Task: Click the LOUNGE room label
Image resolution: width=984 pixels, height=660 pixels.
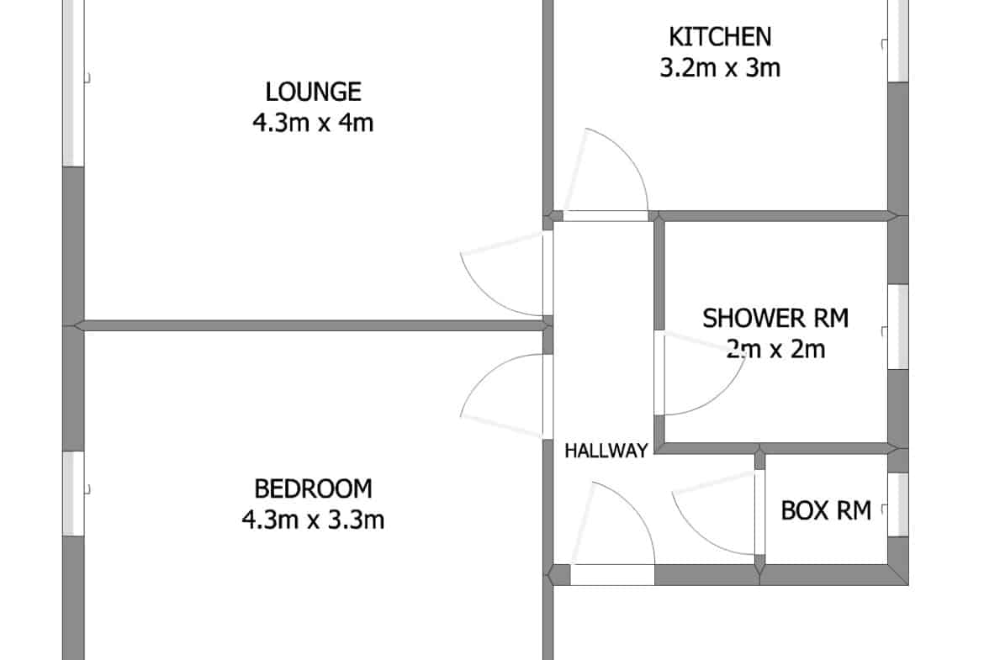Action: click(313, 92)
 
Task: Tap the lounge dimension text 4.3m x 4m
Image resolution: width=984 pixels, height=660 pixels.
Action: click(313, 123)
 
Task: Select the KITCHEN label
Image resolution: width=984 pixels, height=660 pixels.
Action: click(720, 37)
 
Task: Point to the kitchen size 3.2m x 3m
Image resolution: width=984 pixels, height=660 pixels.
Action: click(720, 68)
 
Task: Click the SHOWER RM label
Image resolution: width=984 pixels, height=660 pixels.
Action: click(775, 319)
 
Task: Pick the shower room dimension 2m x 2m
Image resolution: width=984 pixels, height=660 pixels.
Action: click(775, 349)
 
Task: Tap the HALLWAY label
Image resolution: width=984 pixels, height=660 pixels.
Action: click(606, 451)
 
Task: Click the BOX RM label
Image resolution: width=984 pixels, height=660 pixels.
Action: click(826, 510)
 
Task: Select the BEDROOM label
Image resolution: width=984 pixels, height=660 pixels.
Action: click(313, 488)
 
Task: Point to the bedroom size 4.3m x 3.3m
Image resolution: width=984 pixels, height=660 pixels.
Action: click(313, 520)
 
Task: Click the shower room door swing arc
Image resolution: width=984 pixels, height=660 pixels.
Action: click(722, 395)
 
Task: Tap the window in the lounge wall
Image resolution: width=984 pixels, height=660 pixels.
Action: click(74, 82)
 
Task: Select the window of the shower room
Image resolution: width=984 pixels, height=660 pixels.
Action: click(898, 327)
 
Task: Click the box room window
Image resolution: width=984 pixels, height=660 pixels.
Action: click(898, 504)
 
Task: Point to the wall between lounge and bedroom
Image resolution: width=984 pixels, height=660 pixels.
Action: click(313, 325)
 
